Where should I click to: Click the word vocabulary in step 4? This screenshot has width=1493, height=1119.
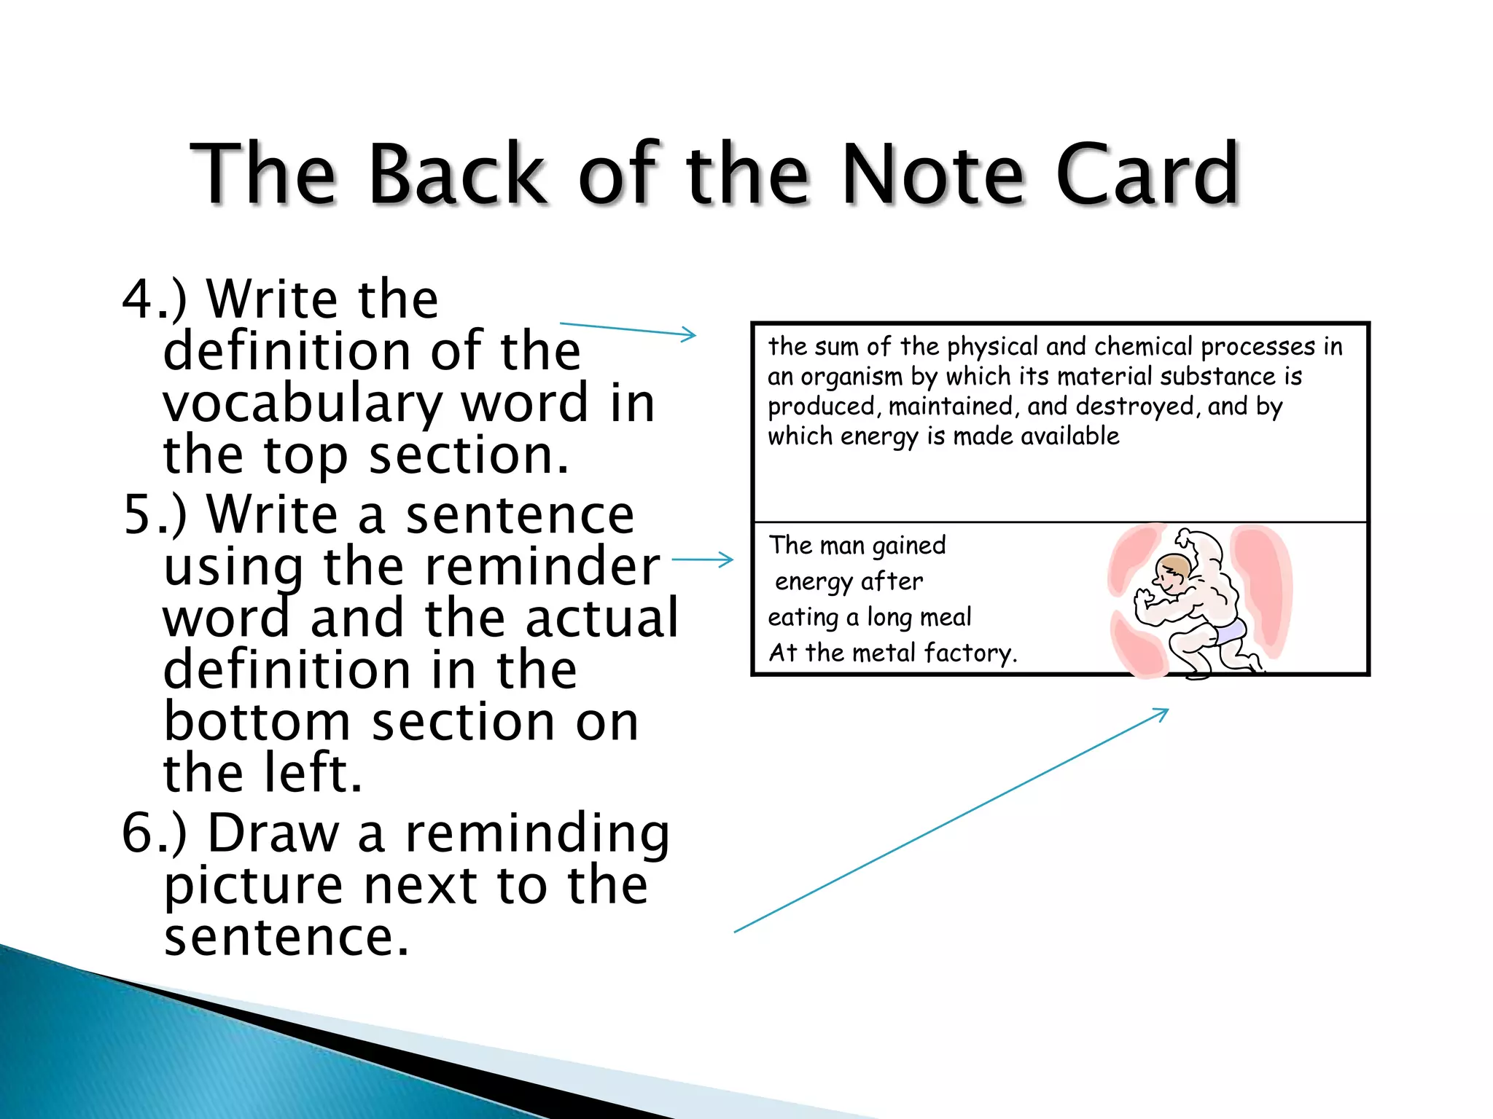pos(303,405)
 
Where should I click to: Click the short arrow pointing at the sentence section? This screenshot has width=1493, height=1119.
pos(702,559)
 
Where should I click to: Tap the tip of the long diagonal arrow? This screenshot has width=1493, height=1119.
pos(1167,710)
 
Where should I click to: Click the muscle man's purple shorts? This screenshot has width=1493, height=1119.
pos(1229,631)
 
